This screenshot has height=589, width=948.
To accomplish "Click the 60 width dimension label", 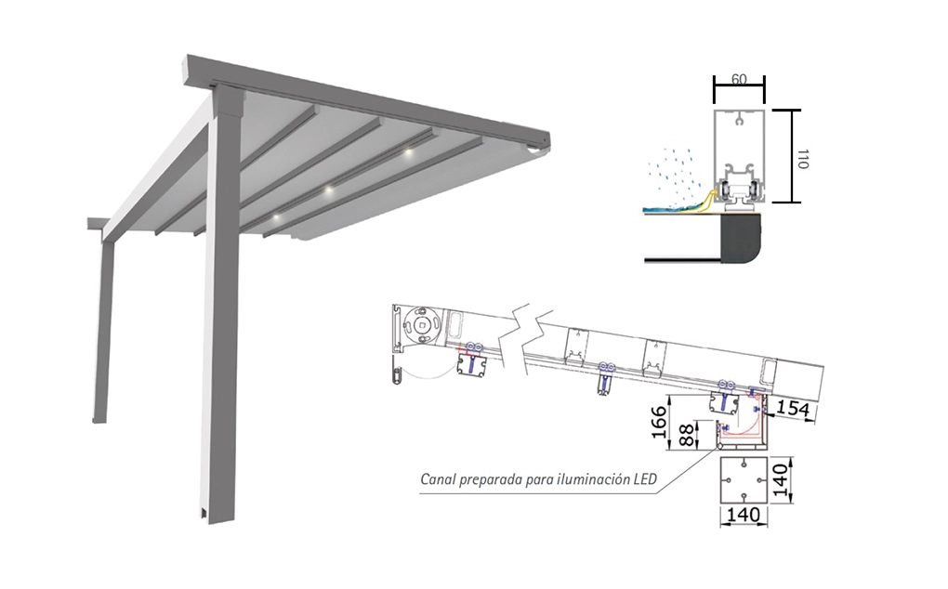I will click(x=739, y=79).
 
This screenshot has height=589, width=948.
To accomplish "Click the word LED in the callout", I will click(x=641, y=480).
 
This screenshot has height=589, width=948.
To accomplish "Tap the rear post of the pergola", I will click(x=103, y=325).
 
